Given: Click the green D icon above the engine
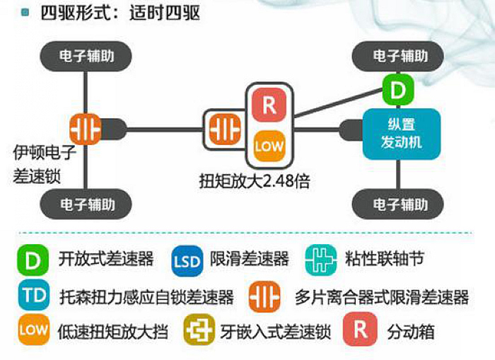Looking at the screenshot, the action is click(397, 90).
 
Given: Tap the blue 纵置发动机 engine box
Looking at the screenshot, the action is click(401, 134).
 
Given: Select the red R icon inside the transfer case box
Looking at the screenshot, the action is click(269, 105).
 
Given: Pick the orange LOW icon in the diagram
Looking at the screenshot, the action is click(269, 146).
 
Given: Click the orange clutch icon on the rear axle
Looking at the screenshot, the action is click(86, 129).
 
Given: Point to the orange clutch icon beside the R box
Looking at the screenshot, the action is click(225, 129).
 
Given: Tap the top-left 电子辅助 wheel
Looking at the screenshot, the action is click(86, 56).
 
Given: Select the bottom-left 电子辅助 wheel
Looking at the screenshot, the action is click(86, 204).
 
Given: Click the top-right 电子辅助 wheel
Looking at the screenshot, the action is click(397, 56).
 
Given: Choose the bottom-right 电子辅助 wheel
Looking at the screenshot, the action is click(397, 204).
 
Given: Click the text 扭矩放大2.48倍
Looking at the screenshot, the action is click(255, 181).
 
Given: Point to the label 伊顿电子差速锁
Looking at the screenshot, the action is click(45, 164).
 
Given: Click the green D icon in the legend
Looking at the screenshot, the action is click(33, 260).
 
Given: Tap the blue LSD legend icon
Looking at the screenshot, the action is click(187, 261).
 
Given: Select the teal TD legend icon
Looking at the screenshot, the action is click(34, 295).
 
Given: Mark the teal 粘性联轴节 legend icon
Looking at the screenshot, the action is click(321, 260).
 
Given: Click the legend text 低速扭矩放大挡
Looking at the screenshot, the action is click(112, 331).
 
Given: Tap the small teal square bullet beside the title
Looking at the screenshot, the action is click(25, 13).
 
